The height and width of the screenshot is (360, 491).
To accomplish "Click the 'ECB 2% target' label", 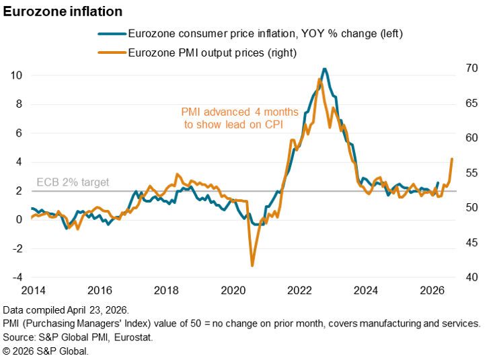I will click(72, 182).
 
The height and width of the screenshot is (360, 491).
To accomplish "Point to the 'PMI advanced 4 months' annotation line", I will click(233, 112).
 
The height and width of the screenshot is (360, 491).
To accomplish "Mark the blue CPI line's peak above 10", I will click(325, 69).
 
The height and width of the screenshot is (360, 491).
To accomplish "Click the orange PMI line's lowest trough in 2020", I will click(252, 265).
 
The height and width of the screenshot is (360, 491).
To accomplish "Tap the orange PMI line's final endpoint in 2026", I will click(452, 159).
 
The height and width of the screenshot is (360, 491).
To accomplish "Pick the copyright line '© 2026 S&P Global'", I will click(45, 351).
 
